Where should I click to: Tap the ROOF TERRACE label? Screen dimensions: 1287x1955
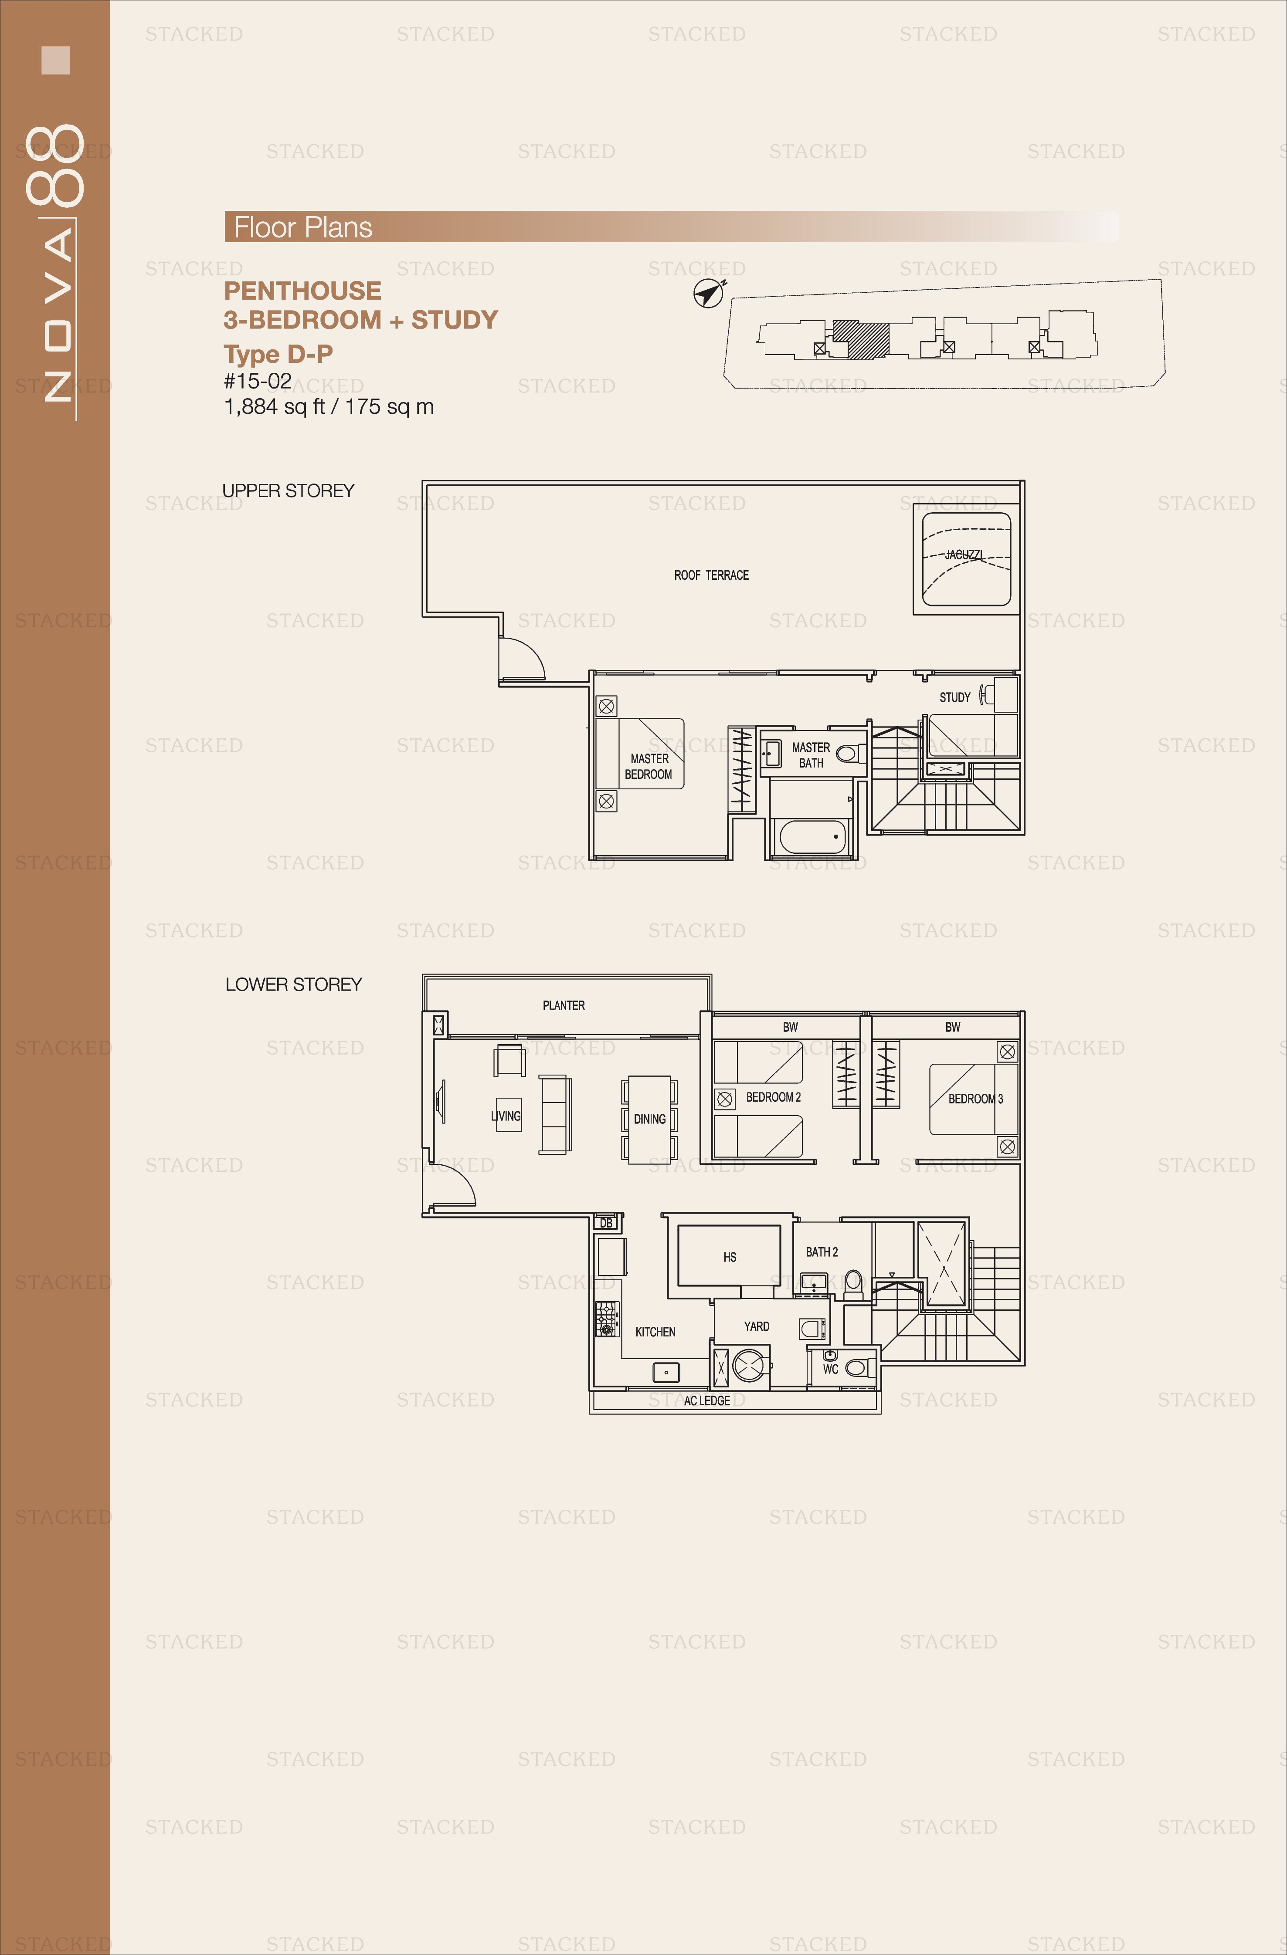click(x=711, y=575)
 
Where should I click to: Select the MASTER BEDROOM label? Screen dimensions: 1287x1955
click(x=649, y=766)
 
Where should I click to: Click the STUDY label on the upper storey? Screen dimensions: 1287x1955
click(x=955, y=697)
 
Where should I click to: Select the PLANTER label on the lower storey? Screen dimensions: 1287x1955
click(x=564, y=1005)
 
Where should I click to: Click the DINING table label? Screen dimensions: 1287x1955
click(x=649, y=1119)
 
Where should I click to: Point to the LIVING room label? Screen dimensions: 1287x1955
click(x=506, y=1116)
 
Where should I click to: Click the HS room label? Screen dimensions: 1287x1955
click(x=730, y=1257)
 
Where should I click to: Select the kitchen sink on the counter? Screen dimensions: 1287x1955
click(x=666, y=1372)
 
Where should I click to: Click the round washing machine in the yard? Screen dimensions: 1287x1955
click(x=751, y=1366)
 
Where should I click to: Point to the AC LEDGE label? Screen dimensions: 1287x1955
click(x=707, y=1400)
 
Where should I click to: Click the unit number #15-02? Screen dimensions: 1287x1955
click(x=257, y=381)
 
